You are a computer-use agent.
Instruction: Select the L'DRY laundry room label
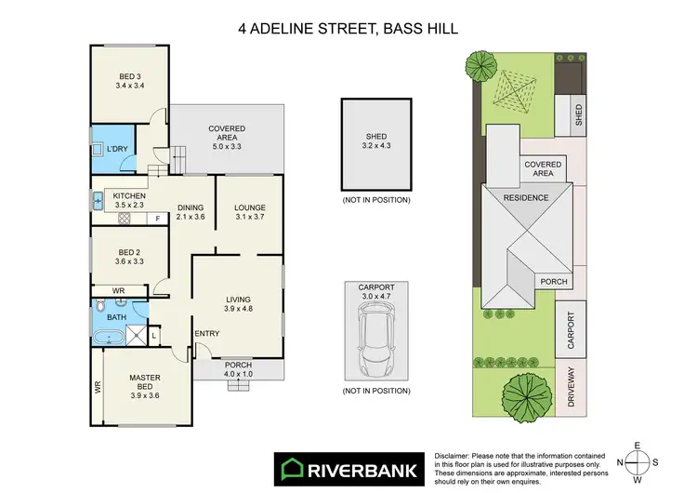(117, 149)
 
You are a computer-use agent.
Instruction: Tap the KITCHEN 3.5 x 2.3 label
(129, 201)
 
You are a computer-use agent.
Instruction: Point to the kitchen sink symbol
(98, 199)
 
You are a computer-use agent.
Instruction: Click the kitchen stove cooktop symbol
(123, 218)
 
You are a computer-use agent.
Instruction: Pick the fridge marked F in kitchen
(157, 219)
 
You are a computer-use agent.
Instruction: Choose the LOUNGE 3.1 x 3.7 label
(250, 212)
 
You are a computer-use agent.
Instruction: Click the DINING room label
(191, 212)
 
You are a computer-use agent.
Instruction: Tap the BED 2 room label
(129, 257)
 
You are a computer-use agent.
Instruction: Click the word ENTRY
(206, 333)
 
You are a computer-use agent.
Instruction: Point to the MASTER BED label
(146, 381)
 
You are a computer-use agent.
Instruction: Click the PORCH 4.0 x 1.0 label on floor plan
(240, 369)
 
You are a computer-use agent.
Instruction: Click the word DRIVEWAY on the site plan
(570, 387)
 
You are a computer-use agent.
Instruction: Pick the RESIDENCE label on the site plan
(526, 198)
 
